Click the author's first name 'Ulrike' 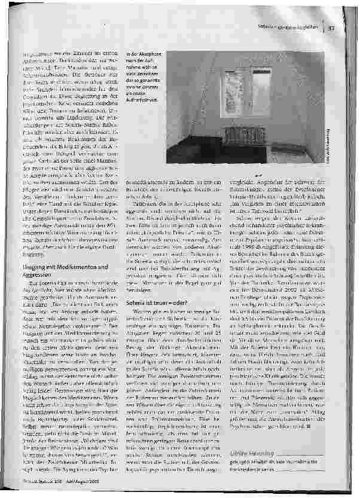pyautogui.click(x=239, y=455)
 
